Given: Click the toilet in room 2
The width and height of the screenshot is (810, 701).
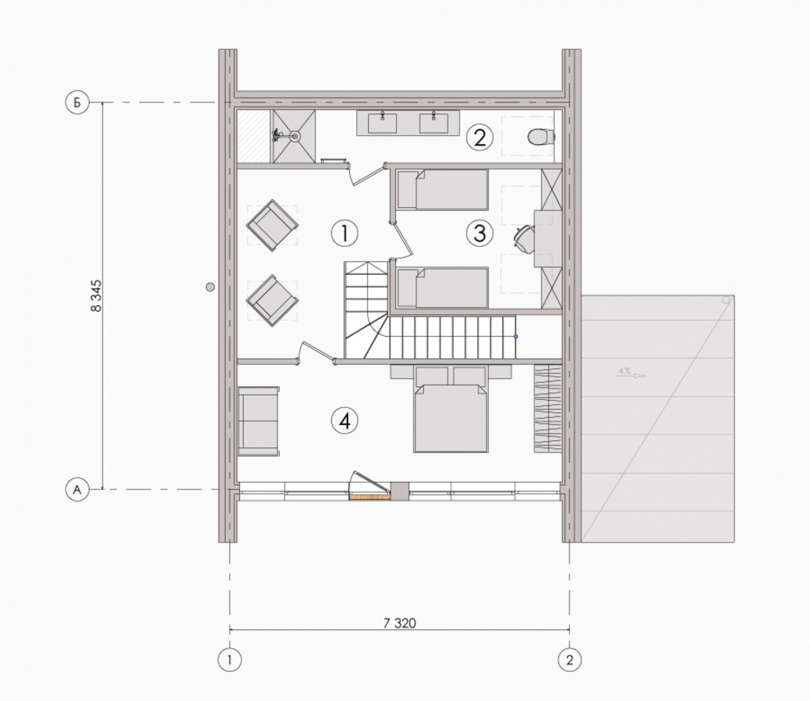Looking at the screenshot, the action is coord(541,137).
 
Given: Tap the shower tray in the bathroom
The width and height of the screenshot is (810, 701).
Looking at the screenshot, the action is coord(294,136).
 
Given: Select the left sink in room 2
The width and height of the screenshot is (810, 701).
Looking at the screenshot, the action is coord(382,122).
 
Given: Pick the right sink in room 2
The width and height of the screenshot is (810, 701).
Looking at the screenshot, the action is coord(434,122).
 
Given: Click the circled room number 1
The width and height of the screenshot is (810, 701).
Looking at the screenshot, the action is coord(345,234).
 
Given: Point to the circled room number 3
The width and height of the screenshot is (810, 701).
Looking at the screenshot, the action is coord(480,234).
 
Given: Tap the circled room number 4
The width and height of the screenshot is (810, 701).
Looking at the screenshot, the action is coord(345,421).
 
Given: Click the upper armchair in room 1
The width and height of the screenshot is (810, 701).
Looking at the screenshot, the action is coord(272,226).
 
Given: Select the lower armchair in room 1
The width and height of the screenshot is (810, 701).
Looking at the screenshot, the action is coord(272,301).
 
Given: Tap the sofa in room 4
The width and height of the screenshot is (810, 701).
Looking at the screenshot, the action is coord(259,421).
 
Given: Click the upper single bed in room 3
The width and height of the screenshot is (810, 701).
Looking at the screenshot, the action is coord(442,189).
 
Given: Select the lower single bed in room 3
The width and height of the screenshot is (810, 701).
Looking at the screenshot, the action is coord(442,288).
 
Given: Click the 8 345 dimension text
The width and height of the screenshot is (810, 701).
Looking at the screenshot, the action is coord(96,296).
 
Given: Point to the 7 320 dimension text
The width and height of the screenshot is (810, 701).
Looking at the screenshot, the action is coord(400,623).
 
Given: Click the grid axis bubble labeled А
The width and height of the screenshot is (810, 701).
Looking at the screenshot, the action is coord(77,489).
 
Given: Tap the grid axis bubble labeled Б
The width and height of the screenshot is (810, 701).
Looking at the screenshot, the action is coord(77,103).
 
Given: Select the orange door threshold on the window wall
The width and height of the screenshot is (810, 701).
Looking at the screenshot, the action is coord(369,497).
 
